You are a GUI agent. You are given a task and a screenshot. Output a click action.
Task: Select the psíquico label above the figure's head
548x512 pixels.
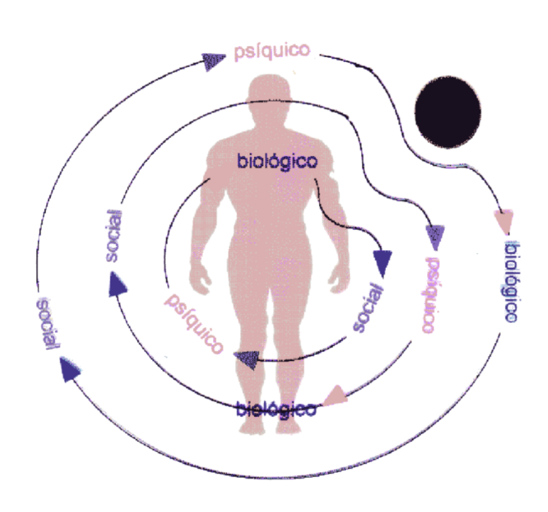[271, 51]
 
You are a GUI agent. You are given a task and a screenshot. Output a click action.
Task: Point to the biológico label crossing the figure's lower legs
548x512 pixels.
[276, 409]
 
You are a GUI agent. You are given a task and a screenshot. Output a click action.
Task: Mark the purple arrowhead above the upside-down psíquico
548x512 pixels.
[435, 237]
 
